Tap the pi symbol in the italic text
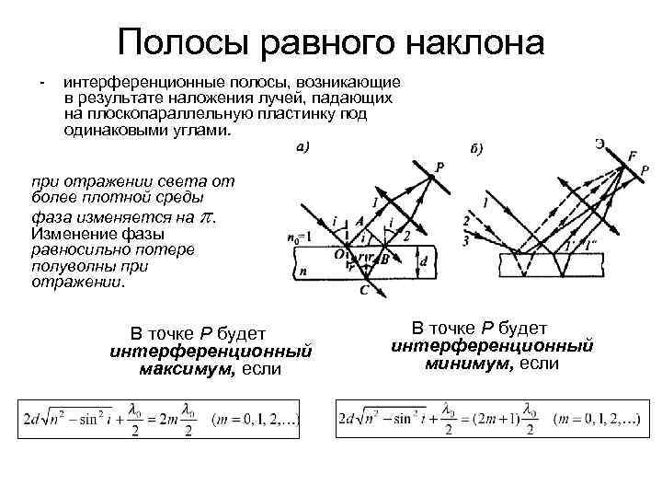click(207, 219)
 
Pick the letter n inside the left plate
click(302, 272)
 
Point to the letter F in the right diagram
click(632, 156)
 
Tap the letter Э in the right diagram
click(599, 143)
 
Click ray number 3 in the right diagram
click(466, 240)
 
